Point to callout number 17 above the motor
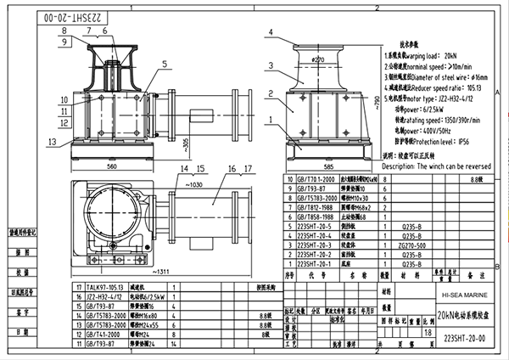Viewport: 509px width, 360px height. click(232, 169)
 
